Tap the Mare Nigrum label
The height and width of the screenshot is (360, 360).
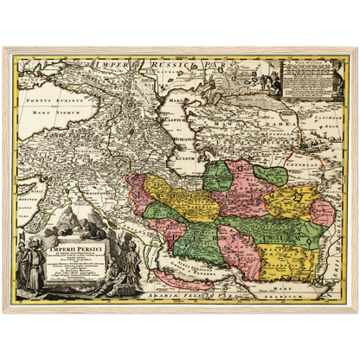[58, 112]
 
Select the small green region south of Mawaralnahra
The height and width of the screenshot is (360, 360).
[270, 176]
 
